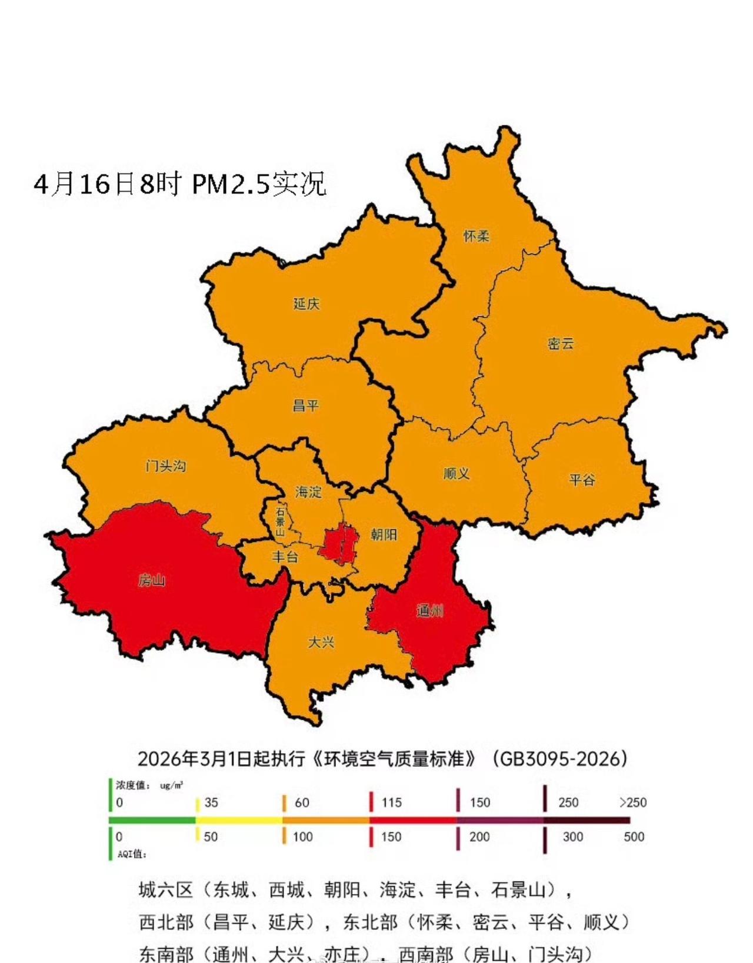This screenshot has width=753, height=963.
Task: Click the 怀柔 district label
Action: click(476, 236)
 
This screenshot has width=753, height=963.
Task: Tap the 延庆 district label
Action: click(306, 304)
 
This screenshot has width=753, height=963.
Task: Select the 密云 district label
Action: click(560, 344)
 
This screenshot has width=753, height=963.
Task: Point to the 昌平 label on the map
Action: click(306, 406)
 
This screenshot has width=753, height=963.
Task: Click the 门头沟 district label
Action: click(166, 466)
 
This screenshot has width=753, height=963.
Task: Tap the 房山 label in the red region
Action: click(151, 581)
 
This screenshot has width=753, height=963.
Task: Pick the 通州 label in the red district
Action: click(429, 611)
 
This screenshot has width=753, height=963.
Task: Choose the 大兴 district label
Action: click(321, 643)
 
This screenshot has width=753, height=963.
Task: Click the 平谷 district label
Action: click(582, 480)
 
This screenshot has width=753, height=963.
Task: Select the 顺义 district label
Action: click(457, 474)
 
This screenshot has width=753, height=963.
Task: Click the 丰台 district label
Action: click(285, 557)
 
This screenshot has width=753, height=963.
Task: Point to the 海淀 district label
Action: click(309, 492)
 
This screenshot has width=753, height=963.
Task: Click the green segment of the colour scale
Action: click(153, 820)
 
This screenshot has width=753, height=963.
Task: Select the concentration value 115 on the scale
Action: click(391, 802)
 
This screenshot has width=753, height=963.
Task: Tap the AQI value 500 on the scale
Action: click(634, 837)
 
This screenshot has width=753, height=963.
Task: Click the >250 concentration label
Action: click(632, 802)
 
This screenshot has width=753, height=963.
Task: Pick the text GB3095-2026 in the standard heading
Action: click(559, 759)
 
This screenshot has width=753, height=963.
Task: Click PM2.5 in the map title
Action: click(231, 185)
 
